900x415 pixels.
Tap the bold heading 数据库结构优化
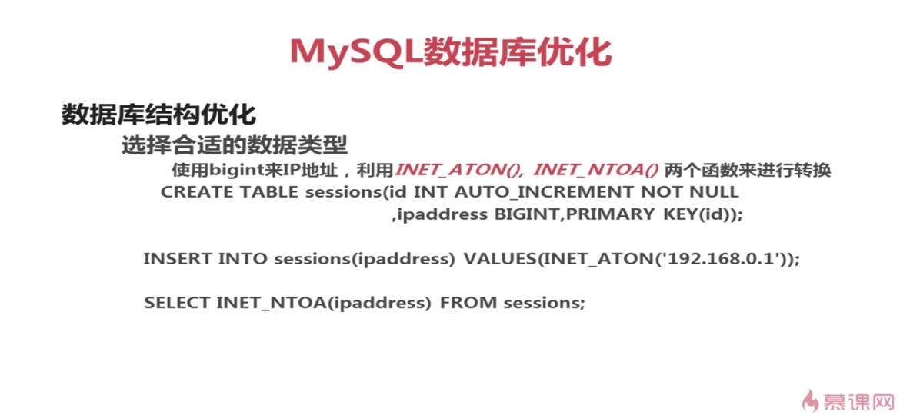pos(158,115)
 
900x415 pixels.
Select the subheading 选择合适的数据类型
pos(234,145)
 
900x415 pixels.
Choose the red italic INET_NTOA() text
pos(596,171)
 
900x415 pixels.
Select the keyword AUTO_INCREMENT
pos(544,192)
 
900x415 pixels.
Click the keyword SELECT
pos(178,303)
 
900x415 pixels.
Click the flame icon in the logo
pos(811,400)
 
